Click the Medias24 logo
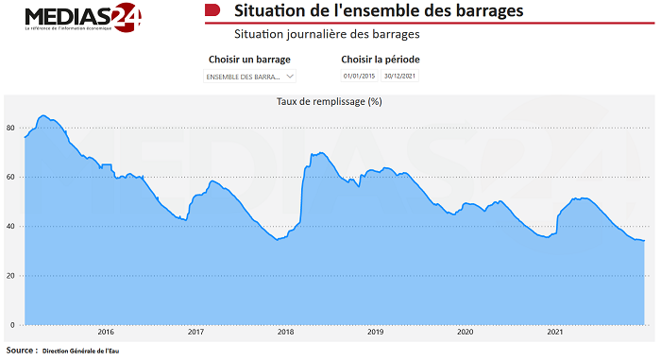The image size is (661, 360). pyautogui.click(x=83, y=18)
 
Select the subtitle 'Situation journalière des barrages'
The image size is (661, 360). pyautogui.click(x=327, y=34)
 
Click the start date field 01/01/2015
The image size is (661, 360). pyautogui.click(x=359, y=76)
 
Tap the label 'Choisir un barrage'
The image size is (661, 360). pyautogui.click(x=249, y=60)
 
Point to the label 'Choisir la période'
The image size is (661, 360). pyautogui.click(x=381, y=60)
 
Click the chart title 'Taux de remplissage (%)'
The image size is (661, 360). pyautogui.click(x=329, y=101)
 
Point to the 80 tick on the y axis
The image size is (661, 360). pyautogui.click(x=10, y=128)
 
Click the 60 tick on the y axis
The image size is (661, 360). pyautogui.click(x=10, y=177)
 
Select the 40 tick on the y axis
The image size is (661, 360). pyautogui.click(x=10, y=227)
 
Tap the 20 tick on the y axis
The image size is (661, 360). pyautogui.click(x=10, y=276)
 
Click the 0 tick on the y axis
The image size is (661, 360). pyautogui.click(x=12, y=325)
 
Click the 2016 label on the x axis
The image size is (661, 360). pyautogui.click(x=106, y=333)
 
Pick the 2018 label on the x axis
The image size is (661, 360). pyautogui.click(x=285, y=333)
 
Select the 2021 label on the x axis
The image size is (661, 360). pyautogui.click(x=555, y=333)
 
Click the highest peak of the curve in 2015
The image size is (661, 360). pyautogui.click(x=42, y=115)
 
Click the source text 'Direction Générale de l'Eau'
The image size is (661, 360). pyautogui.click(x=81, y=351)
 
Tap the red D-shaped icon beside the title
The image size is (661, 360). pyautogui.click(x=213, y=11)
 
